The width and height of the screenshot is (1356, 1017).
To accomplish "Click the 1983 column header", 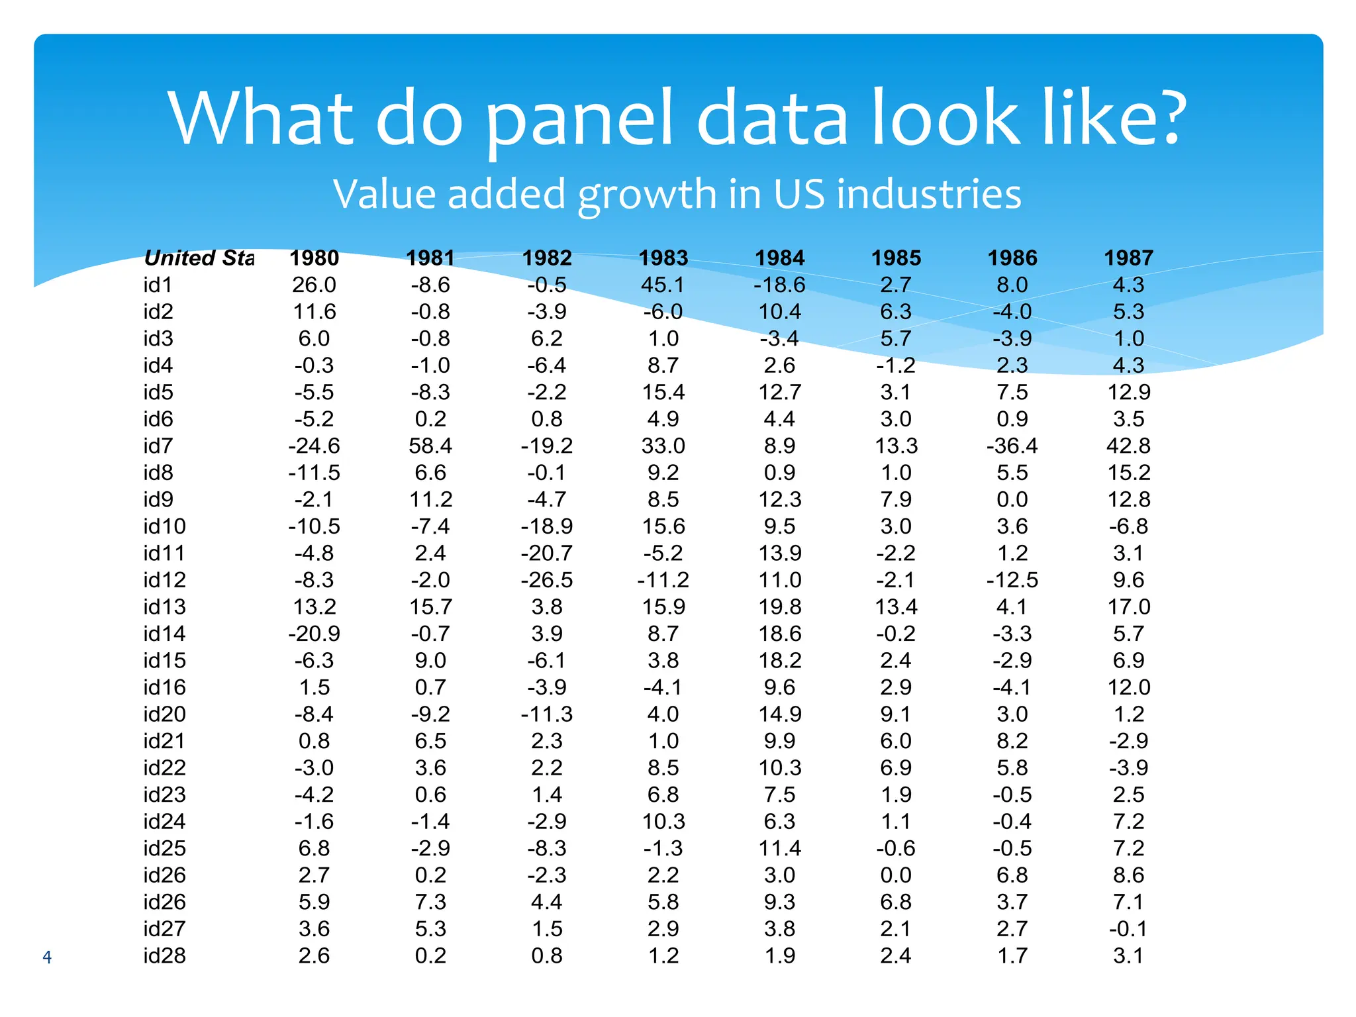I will click(x=663, y=258).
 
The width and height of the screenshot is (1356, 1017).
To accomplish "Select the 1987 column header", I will click(x=1128, y=258).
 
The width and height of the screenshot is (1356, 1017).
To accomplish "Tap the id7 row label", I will click(x=158, y=446).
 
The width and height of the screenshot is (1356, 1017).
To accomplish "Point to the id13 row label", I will click(x=164, y=606).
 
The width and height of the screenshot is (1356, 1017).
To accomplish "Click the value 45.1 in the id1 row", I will click(x=663, y=285).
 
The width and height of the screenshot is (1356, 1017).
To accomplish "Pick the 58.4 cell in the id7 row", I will click(x=430, y=446).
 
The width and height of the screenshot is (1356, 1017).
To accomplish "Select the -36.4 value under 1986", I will click(x=1012, y=446).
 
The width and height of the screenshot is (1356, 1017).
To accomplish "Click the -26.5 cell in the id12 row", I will click(x=547, y=580).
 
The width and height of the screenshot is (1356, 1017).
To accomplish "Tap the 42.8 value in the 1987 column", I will click(x=1128, y=446).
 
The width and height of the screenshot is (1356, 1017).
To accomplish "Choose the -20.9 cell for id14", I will click(x=314, y=634).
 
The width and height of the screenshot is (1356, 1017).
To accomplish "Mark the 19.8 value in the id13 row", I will click(x=780, y=606).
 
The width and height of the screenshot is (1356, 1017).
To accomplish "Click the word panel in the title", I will click(x=580, y=119).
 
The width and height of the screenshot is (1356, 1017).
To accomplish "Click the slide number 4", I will click(x=47, y=957).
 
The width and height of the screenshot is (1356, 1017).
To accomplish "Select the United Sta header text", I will click(x=199, y=258).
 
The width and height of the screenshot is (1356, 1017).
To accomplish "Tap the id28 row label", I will click(x=164, y=955).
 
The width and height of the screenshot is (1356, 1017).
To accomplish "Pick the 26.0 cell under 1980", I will click(x=314, y=285).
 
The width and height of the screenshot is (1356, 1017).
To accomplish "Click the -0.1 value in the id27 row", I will click(x=1128, y=929).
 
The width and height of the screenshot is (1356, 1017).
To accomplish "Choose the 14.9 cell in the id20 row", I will click(x=780, y=714).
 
